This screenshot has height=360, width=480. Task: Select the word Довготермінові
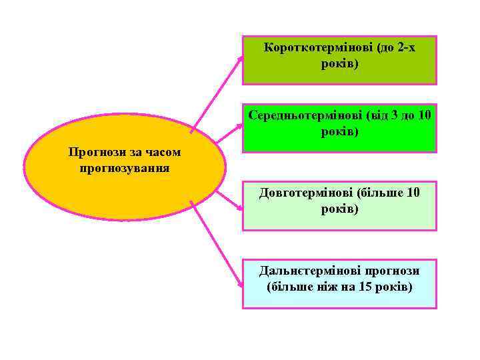(x=306, y=193)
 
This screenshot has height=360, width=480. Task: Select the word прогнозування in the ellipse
(x=125, y=168)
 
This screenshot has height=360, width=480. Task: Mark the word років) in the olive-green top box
(x=339, y=65)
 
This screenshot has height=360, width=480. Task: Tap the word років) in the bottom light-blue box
(x=393, y=287)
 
